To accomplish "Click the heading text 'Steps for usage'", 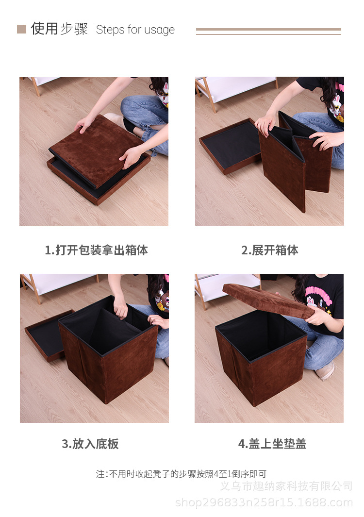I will pos(135,30).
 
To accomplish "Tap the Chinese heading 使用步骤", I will pos(59,29).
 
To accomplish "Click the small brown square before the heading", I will pos(21,29).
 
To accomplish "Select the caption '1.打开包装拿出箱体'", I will pos(96,250).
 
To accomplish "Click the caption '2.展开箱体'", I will pos(269,250).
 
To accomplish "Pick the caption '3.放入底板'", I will pos(90,444).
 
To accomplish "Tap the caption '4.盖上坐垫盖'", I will pos(272,444).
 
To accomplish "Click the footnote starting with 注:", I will pos(181,474).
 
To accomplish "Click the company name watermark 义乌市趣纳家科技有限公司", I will pos(286,486).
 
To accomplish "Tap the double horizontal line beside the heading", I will pos(268,32).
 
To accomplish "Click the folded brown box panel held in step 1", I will pos(97,150).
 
